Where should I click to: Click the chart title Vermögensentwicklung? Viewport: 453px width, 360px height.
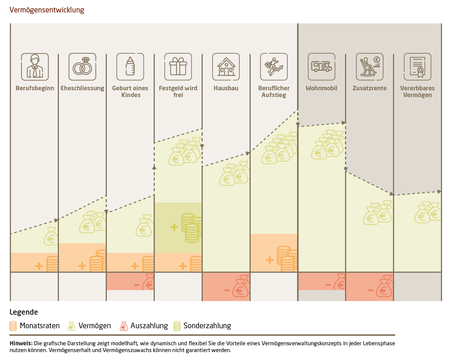(47, 10)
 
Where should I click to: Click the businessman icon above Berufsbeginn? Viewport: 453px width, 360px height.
(35, 67)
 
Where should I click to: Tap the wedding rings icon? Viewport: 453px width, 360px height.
(82, 67)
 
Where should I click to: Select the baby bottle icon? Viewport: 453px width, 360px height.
(130, 67)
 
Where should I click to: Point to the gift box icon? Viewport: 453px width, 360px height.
(178, 67)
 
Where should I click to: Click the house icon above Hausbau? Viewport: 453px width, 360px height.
(226, 67)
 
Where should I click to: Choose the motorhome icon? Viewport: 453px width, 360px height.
(322, 67)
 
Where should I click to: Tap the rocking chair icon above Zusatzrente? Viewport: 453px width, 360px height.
(370, 67)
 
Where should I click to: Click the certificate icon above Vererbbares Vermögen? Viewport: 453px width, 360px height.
(418, 67)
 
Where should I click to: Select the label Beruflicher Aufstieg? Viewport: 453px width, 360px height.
(274, 92)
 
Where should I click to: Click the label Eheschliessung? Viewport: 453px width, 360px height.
(82, 88)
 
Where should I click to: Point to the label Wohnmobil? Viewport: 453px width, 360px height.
(322, 88)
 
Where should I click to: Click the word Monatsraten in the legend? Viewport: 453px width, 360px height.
(40, 326)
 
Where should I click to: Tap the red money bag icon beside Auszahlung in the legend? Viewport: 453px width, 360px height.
(124, 326)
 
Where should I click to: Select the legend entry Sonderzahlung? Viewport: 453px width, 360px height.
(207, 326)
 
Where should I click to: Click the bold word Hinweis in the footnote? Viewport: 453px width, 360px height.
(21, 343)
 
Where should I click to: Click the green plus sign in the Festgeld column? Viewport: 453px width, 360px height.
(174, 227)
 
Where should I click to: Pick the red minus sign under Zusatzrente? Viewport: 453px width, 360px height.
(371, 290)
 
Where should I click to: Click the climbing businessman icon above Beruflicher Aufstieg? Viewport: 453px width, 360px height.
(274, 67)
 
